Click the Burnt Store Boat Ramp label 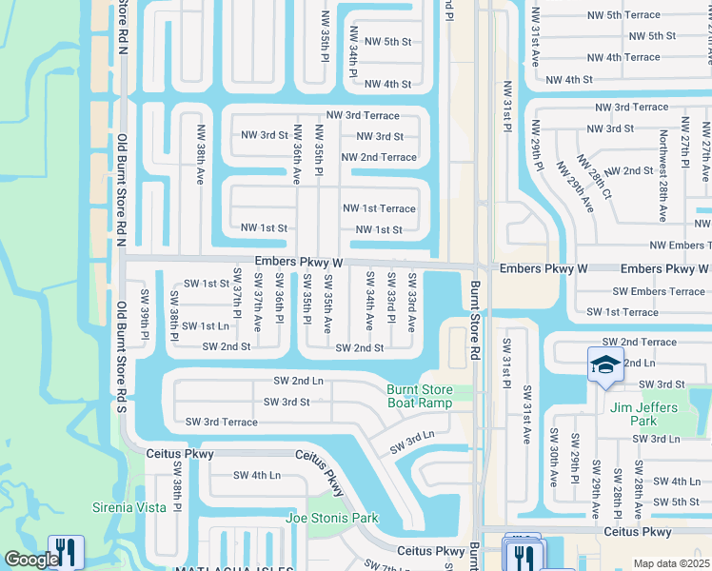[419, 396]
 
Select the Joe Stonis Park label [332, 519]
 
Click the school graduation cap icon [605, 365]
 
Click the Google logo [30, 561]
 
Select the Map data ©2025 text [670, 563]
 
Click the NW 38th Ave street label [201, 154]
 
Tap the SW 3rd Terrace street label [221, 422]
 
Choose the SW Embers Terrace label [659, 291]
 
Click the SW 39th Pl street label [146, 313]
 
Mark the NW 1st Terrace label [379, 208]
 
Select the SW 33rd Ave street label [412, 302]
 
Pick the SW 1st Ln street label [206, 325]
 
